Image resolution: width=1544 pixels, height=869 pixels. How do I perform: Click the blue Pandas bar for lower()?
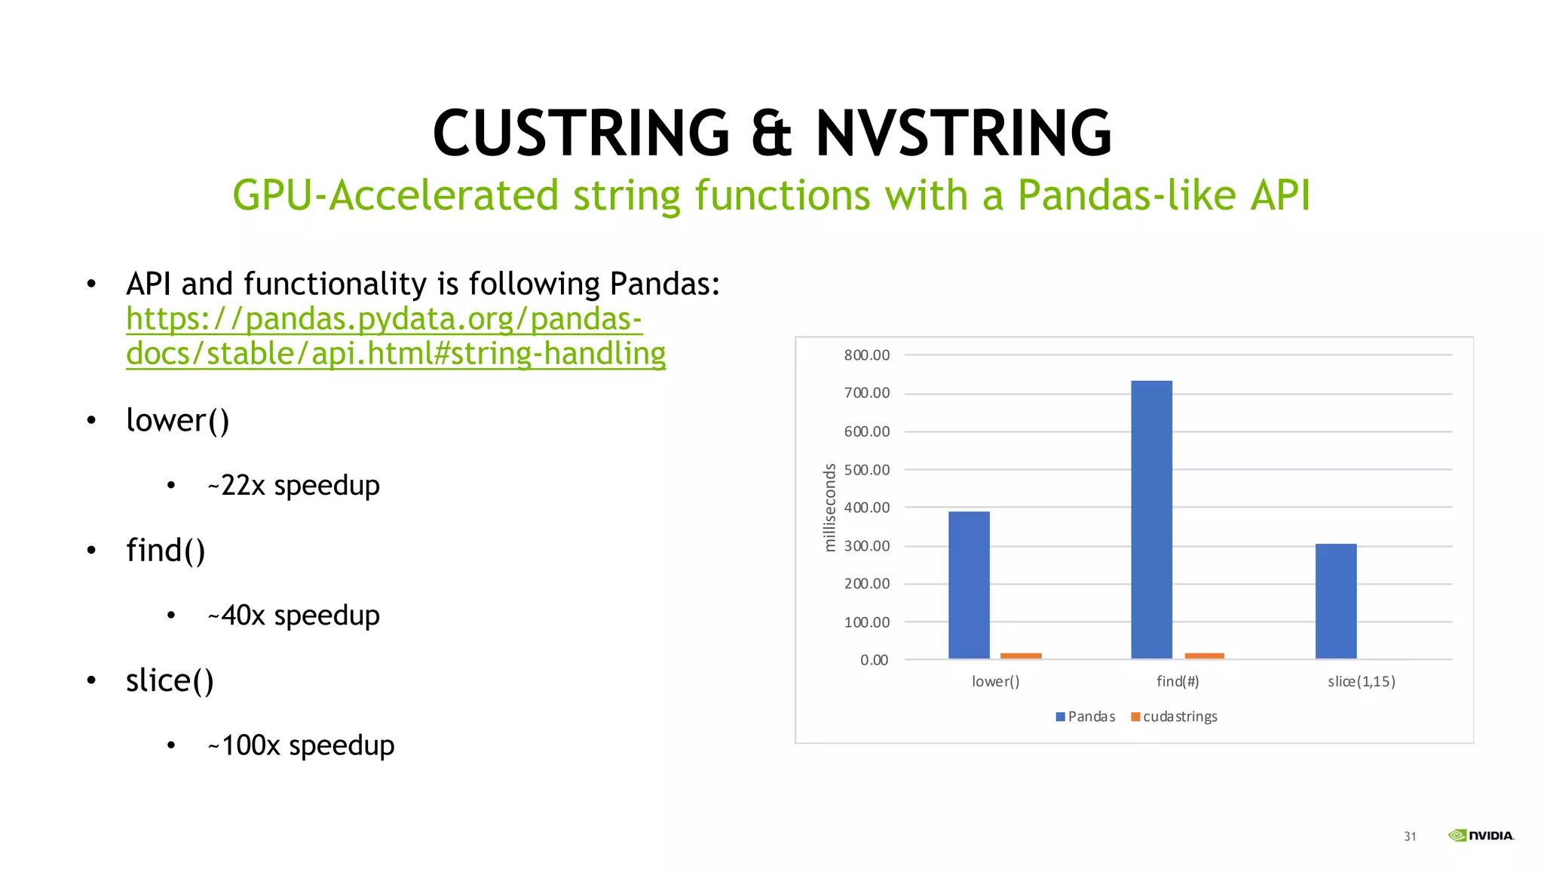coord(969,585)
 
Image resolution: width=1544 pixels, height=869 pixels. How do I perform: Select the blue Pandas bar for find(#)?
coord(1151,520)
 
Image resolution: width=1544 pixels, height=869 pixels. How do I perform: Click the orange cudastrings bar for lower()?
coord(1021,656)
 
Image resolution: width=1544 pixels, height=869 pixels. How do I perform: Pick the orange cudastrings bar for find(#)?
coord(1204,656)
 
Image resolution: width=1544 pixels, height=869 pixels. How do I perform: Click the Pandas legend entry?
coord(1086,717)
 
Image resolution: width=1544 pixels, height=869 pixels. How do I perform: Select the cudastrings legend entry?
coord(1175,717)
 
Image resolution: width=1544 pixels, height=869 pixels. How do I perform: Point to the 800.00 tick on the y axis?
coord(867,355)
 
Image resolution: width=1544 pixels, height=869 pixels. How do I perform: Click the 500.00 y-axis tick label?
coord(867,470)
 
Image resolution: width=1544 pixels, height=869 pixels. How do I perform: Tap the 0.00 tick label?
coord(875,660)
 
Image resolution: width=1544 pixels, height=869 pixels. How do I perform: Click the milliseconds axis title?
coord(830,508)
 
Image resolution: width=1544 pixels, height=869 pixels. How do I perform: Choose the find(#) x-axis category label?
coord(1178,682)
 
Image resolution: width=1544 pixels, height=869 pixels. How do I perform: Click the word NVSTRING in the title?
coord(963,134)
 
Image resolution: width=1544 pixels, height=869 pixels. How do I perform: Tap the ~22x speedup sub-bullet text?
coord(293,485)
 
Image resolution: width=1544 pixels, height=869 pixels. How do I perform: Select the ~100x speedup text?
coord(301,745)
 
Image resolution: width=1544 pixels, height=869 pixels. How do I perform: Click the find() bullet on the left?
coord(166,550)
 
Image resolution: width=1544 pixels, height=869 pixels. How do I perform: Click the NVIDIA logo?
coord(1481,835)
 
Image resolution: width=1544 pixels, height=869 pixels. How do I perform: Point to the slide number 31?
coord(1410,837)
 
